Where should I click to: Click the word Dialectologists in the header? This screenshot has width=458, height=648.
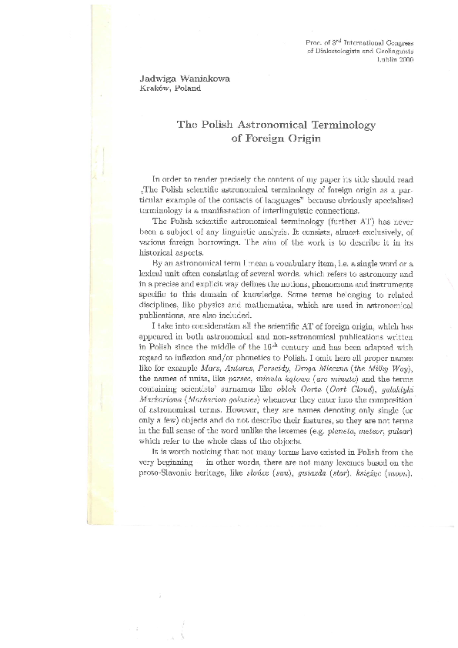pos(339,50)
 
